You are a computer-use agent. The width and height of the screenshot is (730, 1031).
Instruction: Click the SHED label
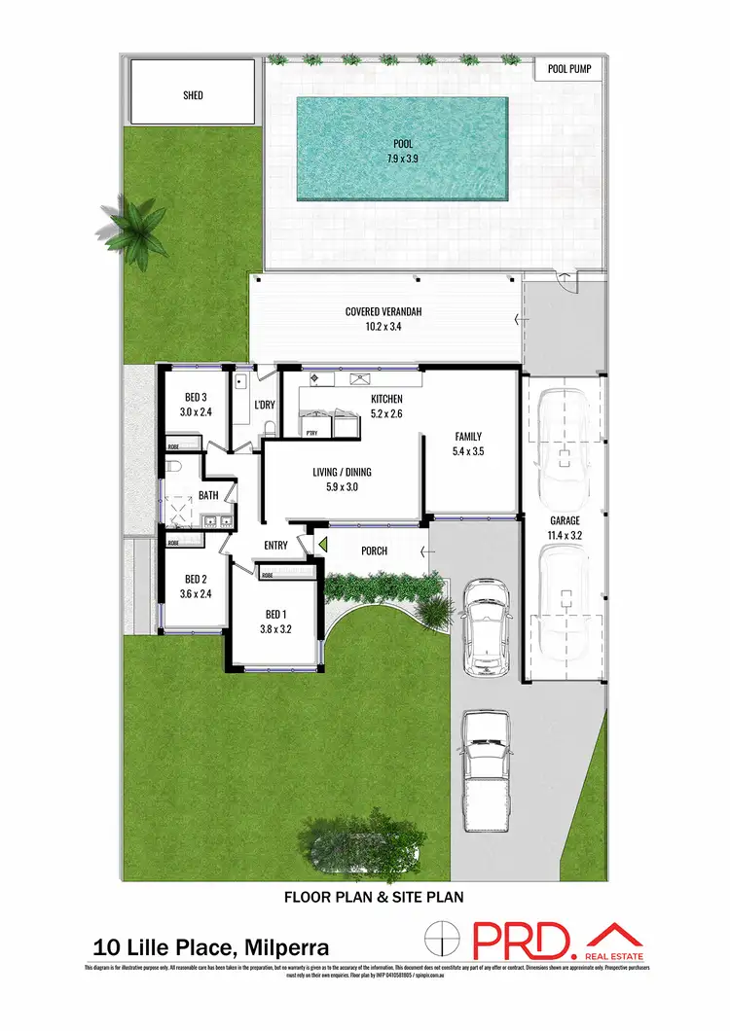(193, 95)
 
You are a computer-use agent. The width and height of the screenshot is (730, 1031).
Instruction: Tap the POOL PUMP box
(567, 70)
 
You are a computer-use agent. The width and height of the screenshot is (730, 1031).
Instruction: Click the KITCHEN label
(386, 399)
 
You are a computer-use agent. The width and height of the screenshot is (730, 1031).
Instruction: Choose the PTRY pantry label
(312, 433)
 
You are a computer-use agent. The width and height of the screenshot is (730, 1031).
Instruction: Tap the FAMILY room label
(468, 437)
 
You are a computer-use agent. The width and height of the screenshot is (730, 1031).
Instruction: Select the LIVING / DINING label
(342, 473)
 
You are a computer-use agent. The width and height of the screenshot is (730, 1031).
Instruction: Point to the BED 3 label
(196, 397)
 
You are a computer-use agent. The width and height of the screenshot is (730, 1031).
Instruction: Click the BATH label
(208, 495)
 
